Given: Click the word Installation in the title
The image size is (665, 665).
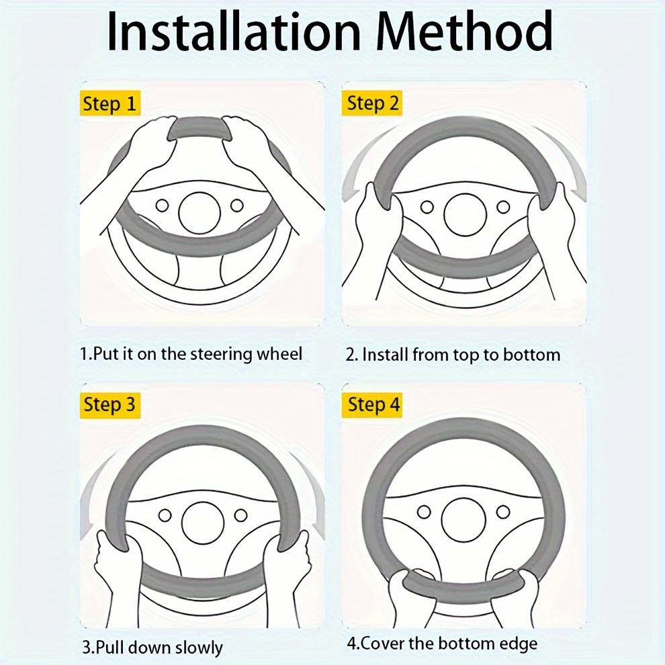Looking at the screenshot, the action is click(234, 31).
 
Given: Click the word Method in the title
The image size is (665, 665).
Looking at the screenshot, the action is click(465, 31).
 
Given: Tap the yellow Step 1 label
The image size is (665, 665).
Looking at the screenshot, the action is click(110, 103).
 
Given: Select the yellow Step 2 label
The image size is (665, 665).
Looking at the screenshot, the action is click(372, 103).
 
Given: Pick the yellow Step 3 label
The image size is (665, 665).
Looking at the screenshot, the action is click(110, 404).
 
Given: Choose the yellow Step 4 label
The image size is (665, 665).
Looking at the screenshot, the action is click(372, 404).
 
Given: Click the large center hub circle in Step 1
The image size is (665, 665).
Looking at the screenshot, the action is click(199, 212).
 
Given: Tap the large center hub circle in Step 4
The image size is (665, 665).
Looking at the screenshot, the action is click(463, 519).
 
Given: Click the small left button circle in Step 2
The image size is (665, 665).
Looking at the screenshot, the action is click(427, 207).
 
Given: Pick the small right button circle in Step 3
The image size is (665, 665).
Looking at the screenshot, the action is click(241, 516).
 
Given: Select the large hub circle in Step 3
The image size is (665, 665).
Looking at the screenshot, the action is click(203, 523).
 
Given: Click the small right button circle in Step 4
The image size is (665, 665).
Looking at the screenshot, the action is click(503, 512).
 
